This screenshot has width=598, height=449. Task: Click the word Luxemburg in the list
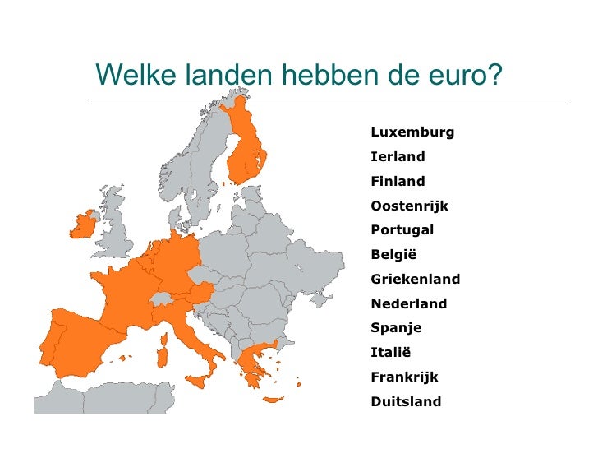click(x=412, y=132)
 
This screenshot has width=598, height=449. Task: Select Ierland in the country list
click(x=398, y=157)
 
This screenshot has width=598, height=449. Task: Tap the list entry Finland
click(x=398, y=182)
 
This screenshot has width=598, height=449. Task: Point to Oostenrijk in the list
click(x=409, y=206)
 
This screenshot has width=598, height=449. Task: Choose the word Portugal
click(x=402, y=230)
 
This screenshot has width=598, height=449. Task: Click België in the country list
click(x=393, y=255)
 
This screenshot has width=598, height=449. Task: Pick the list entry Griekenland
click(x=415, y=280)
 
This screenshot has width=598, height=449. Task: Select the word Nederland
click(x=409, y=304)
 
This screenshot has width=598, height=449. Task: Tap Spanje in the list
click(x=396, y=328)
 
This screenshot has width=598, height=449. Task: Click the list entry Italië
click(x=390, y=353)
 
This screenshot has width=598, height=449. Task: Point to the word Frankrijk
click(x=405, y=377)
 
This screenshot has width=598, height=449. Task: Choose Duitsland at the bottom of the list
click(x=406, y=402)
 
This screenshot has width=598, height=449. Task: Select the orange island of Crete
click(x=273, y=400)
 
